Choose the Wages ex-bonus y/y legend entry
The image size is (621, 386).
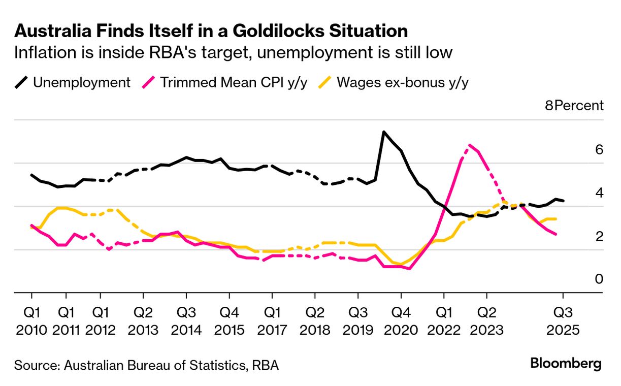394,83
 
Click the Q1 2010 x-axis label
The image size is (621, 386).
31,321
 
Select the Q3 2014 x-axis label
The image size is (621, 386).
186,321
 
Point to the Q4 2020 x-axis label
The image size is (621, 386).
401,321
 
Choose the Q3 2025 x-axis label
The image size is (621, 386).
563,321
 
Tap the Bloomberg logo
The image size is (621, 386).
566,364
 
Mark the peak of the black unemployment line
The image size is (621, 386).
384,132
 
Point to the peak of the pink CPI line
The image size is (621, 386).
470,145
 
